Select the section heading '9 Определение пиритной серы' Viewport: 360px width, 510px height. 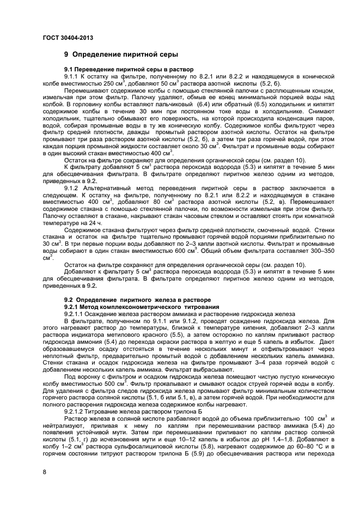coord(121,55)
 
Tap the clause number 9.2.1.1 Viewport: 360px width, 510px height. coord(75,313)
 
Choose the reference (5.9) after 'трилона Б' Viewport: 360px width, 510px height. coord(180,447)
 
